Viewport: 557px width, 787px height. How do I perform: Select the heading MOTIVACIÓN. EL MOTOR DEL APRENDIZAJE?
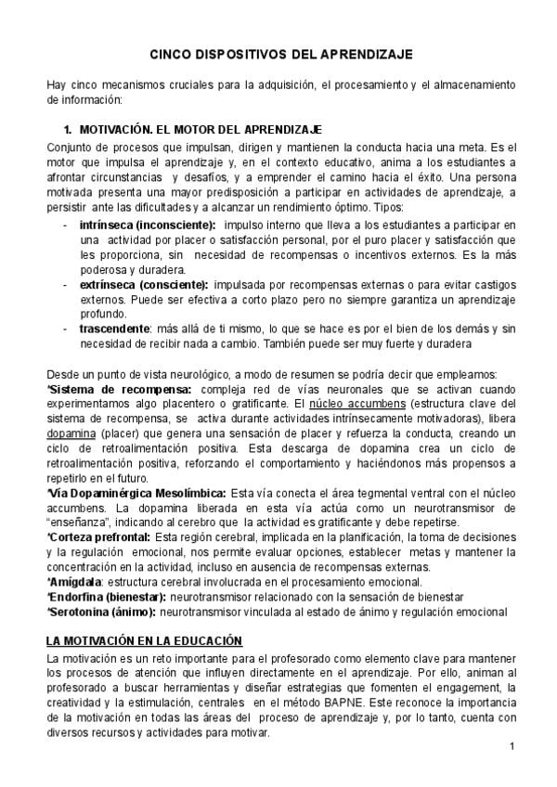tap(201, 130)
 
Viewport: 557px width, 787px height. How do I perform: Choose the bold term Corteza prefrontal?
tap(101, 537)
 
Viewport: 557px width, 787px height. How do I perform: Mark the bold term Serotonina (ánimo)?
tap(103, 612)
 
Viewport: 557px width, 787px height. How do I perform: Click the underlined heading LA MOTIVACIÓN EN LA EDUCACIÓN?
tap(144, 641)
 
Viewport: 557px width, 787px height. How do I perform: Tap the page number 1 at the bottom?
tap(512, 747)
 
